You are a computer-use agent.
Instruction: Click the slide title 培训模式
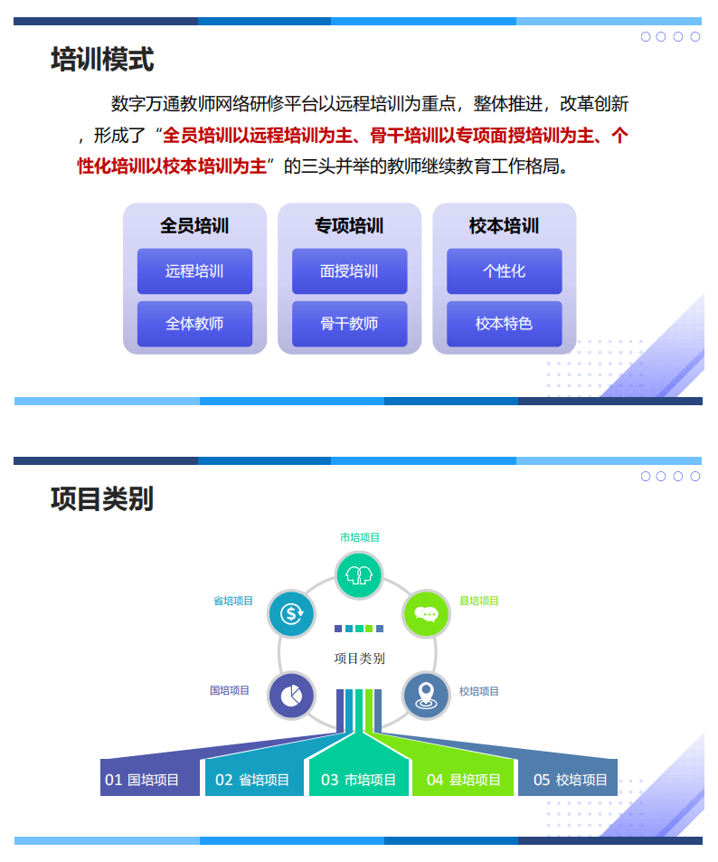tap(102, 60)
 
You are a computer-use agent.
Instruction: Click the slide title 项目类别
tap(102, 498)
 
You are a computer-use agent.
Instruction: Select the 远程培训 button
tap(194, 271)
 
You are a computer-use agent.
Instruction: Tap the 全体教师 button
tap(194, 324)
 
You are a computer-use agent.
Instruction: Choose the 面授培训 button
tap(349, 271)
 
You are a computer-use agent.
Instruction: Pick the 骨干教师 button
tap(349, 324)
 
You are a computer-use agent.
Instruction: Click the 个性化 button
tap(504, 271)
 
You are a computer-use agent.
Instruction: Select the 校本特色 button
tap(504, 324)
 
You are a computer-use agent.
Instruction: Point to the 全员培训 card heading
tap(194, 225)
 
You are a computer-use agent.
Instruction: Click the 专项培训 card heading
tap(349, 225)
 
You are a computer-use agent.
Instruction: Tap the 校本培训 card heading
tap(504, 225)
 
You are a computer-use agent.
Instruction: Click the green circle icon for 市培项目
tap(359, 574)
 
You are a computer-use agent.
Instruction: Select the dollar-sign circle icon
tap(291, 614)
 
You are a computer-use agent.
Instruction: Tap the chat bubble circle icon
tap(425, 614)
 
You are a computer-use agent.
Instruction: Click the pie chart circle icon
tap(291, 695)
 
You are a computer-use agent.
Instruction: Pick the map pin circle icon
tap(425, 695)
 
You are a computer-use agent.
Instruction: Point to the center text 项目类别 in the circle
tap(359, 658)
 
